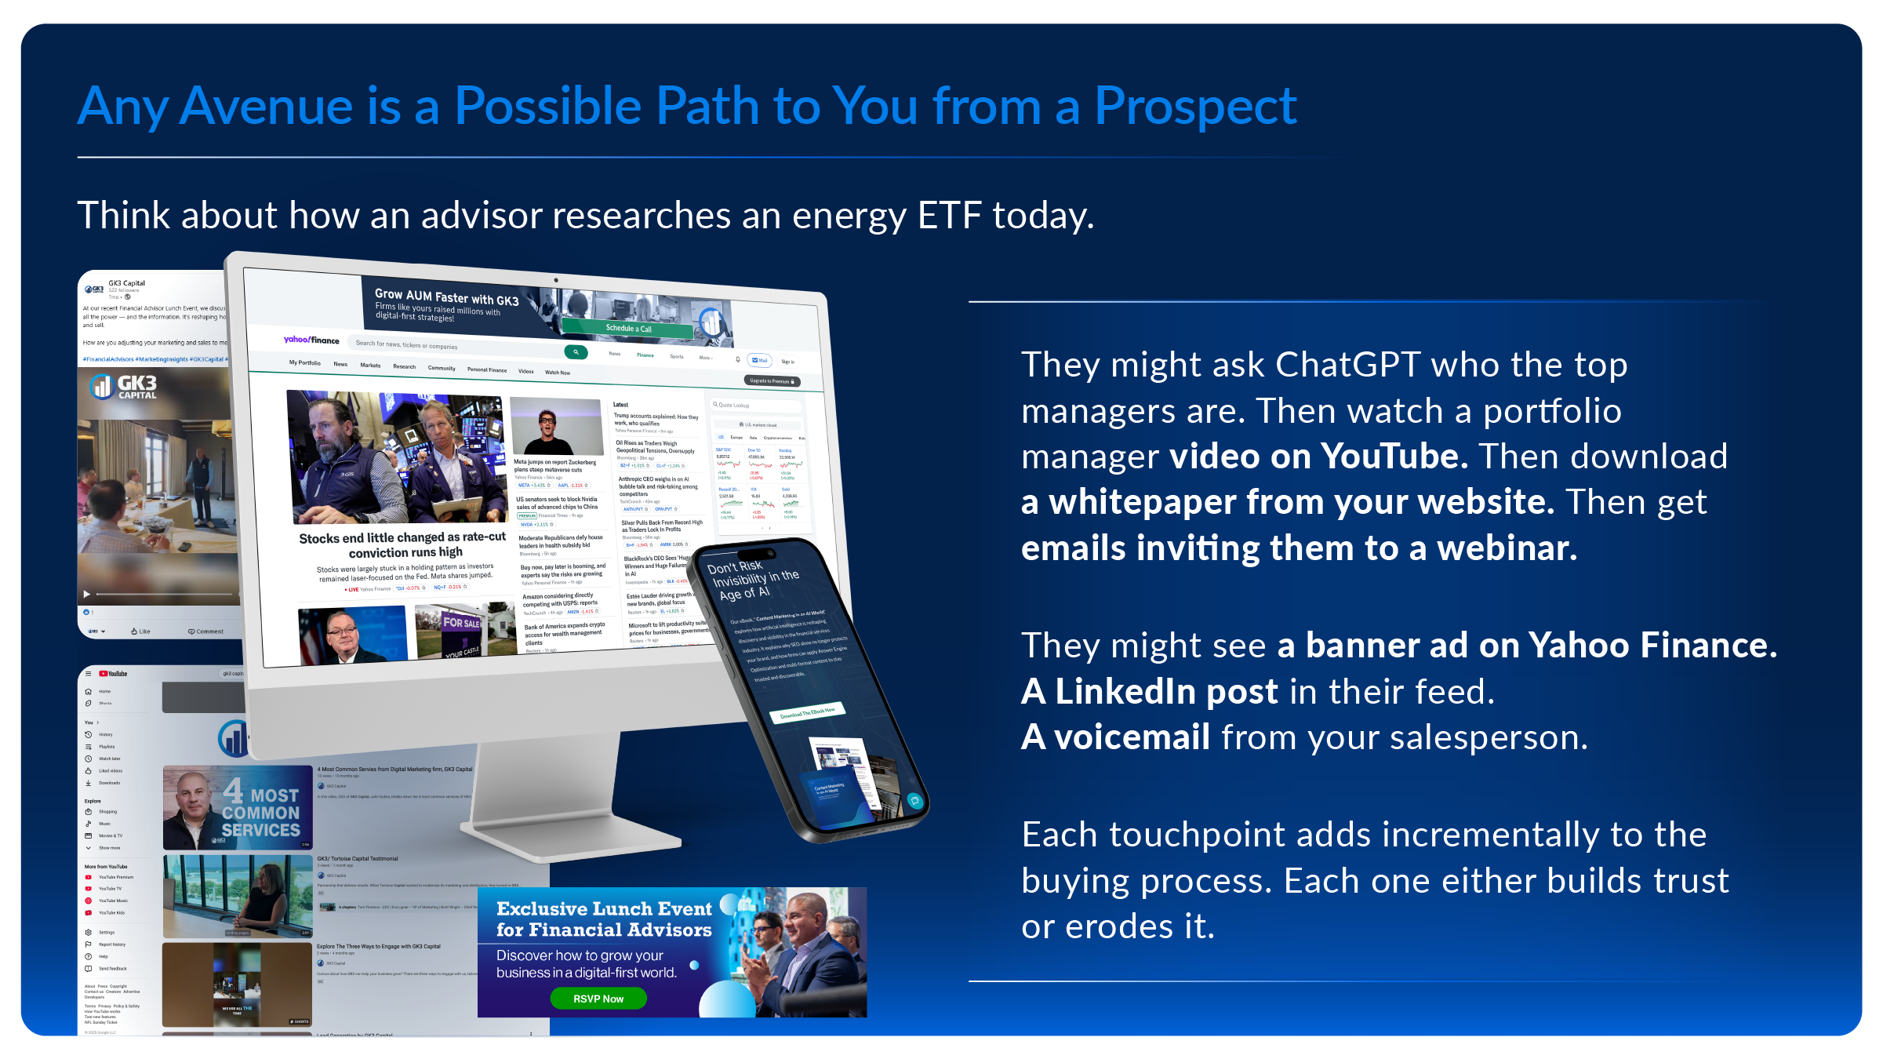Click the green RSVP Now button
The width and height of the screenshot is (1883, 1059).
(598, 999)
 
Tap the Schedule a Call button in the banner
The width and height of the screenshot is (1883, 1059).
(628, 329)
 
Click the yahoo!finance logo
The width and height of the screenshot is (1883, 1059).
(311, 340)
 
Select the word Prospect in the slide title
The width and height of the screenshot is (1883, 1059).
(1195, 107)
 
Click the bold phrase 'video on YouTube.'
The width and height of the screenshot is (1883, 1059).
(1318, 457)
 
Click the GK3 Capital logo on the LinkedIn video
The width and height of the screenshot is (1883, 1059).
(123, 386)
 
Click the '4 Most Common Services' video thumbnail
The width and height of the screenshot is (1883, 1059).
(237, 808)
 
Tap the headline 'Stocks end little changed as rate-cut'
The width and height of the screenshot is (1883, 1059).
(402, 537)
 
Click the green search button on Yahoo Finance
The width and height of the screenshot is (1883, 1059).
(576, 352)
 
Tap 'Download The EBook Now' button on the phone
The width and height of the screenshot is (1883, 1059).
(807, 712)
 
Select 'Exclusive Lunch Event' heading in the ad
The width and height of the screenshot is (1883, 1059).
(604, 908)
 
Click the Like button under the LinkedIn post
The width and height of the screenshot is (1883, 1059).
(140, 631)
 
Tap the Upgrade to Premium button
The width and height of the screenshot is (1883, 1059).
(772, 381)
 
